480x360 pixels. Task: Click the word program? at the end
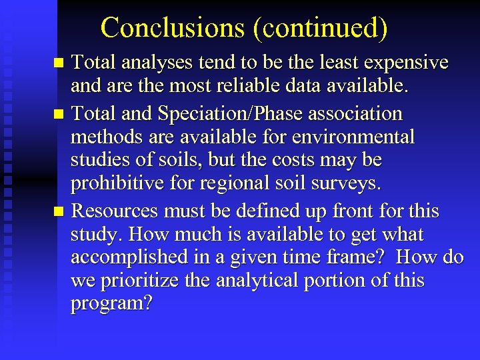[111, 304]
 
